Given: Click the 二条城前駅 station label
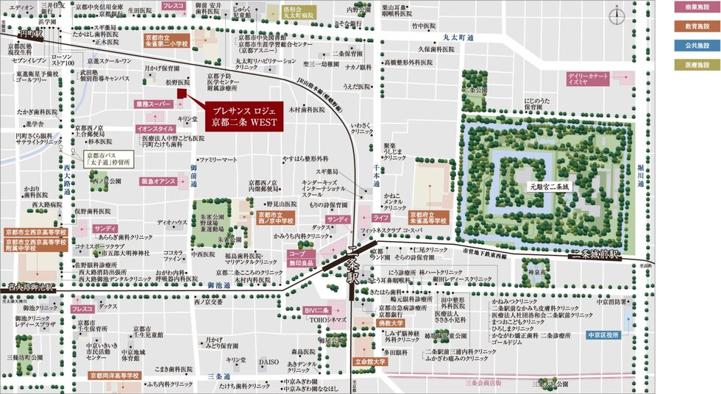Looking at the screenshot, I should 594,254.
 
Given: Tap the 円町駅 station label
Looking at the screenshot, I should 32,33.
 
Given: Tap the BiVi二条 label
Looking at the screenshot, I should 317,312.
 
